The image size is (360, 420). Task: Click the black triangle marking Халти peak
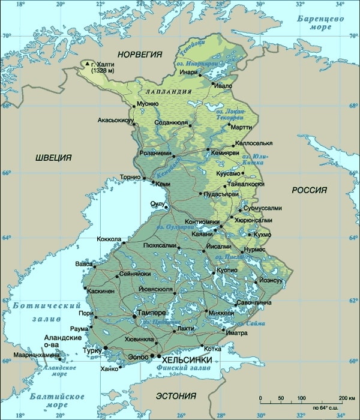tap(88, 64)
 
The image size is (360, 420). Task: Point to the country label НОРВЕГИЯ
tap(140, 55)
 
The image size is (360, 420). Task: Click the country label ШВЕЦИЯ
tap(53, 158)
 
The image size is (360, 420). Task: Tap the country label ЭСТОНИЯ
tap(176, 396)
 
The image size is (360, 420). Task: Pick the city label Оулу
tap(157, 204)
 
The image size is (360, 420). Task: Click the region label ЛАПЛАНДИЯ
tap(168, 92)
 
